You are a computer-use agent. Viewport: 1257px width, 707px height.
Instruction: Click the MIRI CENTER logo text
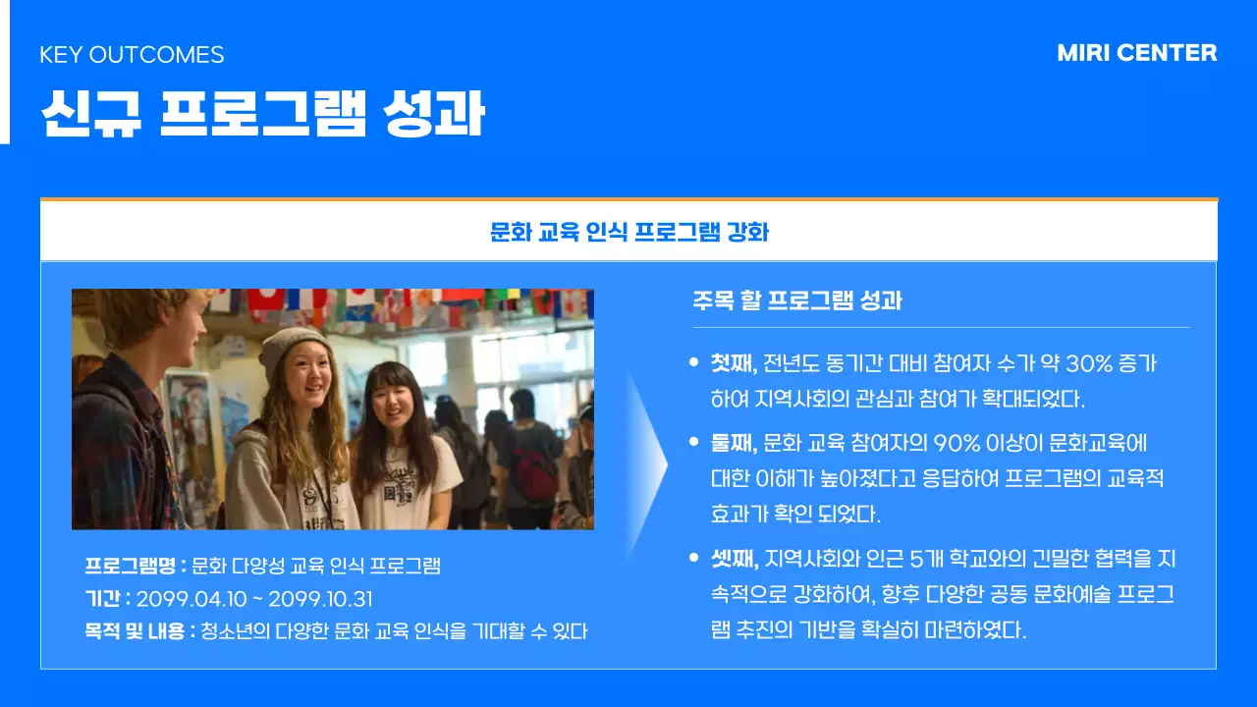tap(1136, 53)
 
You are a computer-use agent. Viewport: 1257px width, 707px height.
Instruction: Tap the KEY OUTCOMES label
tap(132, 55)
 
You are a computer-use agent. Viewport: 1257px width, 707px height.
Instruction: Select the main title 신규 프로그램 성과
tap(262, 115)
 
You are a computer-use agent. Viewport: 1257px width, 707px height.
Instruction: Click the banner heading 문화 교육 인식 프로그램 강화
tap(628, 233)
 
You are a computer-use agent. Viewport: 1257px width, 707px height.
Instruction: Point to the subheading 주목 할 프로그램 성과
tap(796, 300)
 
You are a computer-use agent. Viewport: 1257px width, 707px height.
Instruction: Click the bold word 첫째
tap(733, 363)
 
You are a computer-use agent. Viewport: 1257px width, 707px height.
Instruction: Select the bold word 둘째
tap(733, 443)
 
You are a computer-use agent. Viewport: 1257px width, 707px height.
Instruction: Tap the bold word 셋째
tap(733, 560)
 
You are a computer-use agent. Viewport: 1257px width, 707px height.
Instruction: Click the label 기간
tap(106, 599)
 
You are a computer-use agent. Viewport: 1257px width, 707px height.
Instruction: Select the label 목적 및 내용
tap(139, 631)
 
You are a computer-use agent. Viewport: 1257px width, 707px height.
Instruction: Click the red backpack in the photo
tap(534, 476)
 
